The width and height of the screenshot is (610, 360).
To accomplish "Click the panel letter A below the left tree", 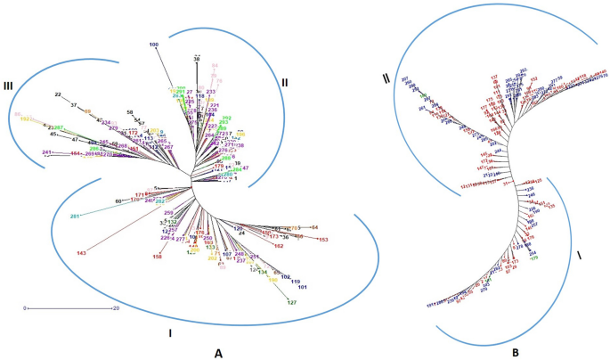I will (218, 353).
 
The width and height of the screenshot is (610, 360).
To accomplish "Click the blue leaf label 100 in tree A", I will (154, 45).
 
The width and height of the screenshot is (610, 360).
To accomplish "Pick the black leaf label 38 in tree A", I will (197, 59).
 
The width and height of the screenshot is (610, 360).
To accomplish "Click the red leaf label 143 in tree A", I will (81, 254).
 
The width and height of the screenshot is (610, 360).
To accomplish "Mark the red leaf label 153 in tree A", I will (322, 240).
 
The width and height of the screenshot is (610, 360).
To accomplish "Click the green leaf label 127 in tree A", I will (291, 303).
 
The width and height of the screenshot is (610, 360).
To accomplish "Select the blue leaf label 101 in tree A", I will (302, 288).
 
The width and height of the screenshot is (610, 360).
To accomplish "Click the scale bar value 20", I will (115, 308).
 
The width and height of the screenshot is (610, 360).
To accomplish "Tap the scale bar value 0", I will (27, 308).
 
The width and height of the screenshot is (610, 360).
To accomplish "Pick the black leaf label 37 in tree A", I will (75, 104).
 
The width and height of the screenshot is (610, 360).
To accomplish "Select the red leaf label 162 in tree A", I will (278, 246).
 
